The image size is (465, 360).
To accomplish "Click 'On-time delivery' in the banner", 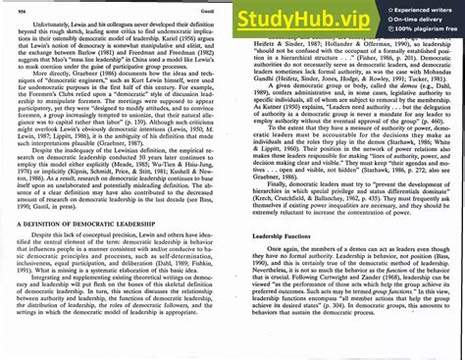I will click(424, 18).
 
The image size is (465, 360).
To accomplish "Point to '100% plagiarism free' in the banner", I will click(428, 28).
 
